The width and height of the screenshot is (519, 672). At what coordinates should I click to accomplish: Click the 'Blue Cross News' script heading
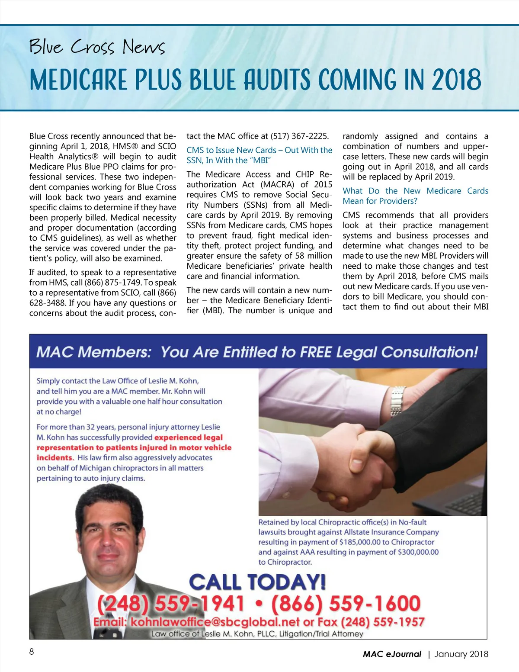pyautogui.click(x=97, y=47)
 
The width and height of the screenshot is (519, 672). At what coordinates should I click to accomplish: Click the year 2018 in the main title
pyautogui.click(x=456, y=80)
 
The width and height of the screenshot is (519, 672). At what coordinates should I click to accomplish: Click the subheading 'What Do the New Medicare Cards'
pyautogui.click(x=415, y=191)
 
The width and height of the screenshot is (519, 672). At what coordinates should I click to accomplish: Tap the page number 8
pyautogui.click(x=32, y=652)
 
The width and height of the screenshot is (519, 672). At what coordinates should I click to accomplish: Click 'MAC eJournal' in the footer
pyautogui.click(x=392, y=654)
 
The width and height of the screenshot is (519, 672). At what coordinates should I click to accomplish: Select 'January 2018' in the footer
pyautogui.click(x=461, y=654)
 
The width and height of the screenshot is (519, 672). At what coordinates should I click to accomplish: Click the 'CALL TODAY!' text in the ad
pyautogui.click(x=257, y=582)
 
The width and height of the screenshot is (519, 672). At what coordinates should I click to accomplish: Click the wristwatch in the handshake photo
pyautogui.click(x=397, y=401)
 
